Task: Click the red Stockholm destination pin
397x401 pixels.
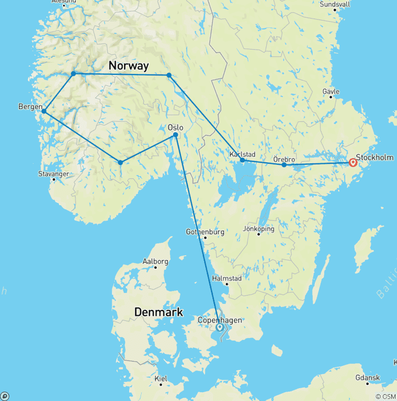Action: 353,162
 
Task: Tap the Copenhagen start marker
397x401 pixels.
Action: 220,327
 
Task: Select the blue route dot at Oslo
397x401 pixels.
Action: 176,135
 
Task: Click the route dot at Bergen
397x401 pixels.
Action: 44,111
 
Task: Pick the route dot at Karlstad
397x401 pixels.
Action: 242,160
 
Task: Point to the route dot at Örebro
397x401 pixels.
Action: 284,165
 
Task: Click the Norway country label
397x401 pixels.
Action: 128,66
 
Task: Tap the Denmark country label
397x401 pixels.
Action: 159,312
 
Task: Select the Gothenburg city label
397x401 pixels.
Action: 205,232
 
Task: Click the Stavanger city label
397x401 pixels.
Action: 54,174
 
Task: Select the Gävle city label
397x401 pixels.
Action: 331,91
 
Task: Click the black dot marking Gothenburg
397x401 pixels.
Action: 205,238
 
